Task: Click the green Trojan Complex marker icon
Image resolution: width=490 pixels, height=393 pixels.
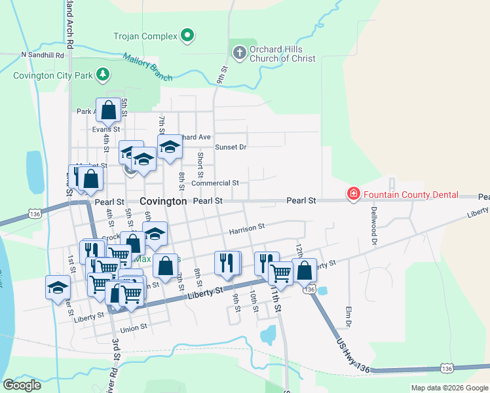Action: (188, 36)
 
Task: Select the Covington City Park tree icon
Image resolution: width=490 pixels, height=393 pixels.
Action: (102, 75)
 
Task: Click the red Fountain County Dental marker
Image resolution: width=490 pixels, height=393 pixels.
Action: (353, 194)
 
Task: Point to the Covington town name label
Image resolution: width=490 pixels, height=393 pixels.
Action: (163, 201)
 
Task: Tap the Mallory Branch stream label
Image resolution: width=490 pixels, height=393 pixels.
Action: (147, 67)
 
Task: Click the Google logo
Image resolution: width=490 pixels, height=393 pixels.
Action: (22, 385)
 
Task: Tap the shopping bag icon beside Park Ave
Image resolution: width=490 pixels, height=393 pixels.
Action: (109, 110)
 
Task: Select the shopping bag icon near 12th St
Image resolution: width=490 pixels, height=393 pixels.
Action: (305, 270)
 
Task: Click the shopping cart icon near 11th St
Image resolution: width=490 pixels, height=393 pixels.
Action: (281, 273)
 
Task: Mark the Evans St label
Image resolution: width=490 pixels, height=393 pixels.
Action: (105, 129)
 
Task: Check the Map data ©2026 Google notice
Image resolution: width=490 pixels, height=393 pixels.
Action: (449, 388)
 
